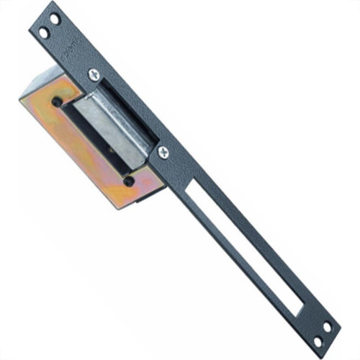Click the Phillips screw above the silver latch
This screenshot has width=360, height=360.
point(94,73)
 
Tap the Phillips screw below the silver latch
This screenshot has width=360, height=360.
point(163,152)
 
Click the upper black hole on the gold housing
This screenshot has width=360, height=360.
point(57,102)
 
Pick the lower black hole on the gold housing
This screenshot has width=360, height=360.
point(128,181)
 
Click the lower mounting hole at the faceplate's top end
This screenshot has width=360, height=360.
point(44,32)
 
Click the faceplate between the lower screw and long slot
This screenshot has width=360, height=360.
point(180,170)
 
